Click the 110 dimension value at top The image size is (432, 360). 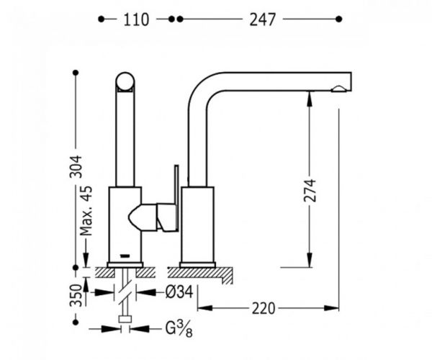pyautogui.click(x=136, y=20)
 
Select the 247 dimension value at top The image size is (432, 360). pyautogui.click(x=264, y=20)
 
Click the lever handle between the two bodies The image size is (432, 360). pyautogui.click(x=153, y=216)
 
